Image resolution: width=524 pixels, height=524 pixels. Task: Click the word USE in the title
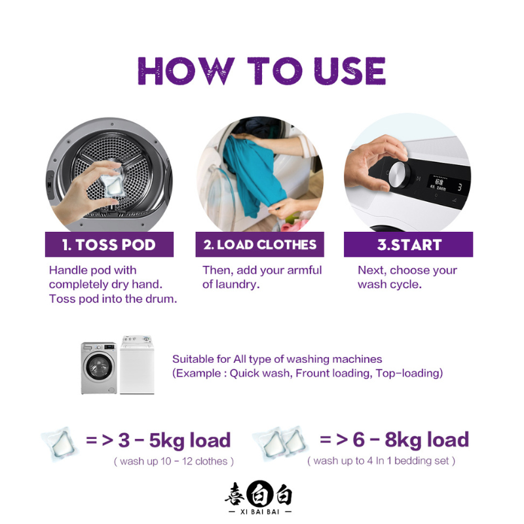[x=350, y=71]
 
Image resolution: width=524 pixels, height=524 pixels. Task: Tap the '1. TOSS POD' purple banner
[x=109, y=244]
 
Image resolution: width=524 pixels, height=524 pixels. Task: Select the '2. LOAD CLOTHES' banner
[x=259, y=244]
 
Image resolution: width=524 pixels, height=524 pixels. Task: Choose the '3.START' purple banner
[x=408, y=244]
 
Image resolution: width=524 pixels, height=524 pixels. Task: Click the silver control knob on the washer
[x=399, y=175]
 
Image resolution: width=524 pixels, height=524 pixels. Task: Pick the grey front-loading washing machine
[x=99, y=368]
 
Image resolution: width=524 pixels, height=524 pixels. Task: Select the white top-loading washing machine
[x=137, y=365]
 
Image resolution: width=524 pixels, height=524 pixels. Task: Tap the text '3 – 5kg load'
[x=174, y=440]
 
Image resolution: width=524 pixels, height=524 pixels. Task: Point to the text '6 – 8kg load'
[x=411, y=440]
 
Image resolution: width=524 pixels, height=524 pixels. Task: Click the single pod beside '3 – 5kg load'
[x=60, y=445]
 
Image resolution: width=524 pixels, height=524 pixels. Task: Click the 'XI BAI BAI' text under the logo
[x=259, y=512]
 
